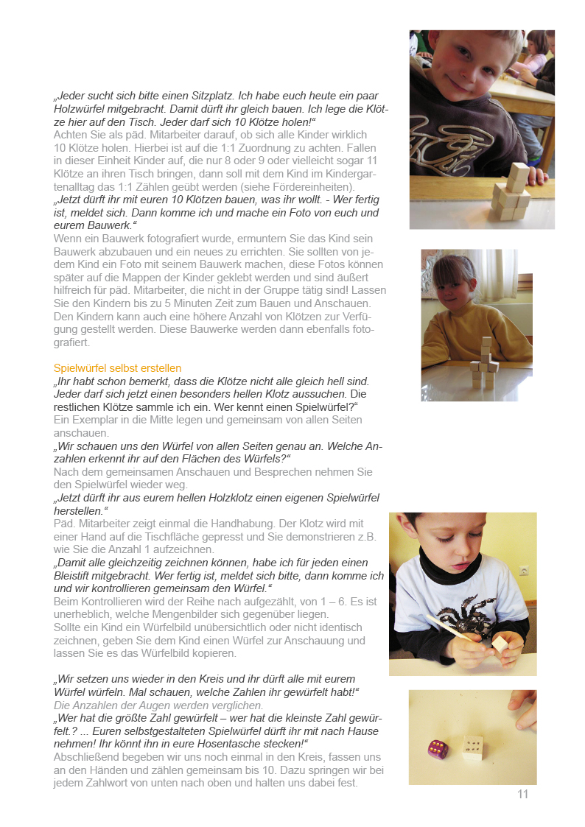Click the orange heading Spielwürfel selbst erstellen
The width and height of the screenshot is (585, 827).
tap(117, 368)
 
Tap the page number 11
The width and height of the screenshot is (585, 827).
tap(523, 794)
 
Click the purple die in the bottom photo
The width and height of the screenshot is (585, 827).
tap(436, 750)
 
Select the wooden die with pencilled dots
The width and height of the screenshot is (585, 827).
tap(472, 747)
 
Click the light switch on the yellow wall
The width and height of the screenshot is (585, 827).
tap(524, 570)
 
